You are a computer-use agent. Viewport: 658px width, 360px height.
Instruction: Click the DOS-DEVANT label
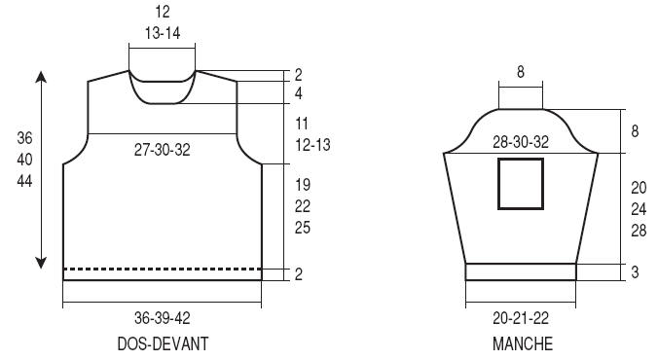pos(163,343)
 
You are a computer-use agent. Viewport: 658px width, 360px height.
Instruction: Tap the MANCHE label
pos(523,343)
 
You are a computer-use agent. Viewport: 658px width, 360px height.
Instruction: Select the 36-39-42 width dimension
pos(163,317)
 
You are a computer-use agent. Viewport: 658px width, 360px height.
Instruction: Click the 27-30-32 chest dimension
pos(163,150)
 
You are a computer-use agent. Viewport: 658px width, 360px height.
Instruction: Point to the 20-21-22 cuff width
pos(521,318)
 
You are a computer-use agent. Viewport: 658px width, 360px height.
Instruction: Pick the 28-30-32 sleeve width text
pos(521,142)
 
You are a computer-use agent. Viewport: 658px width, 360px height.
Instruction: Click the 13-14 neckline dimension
pos(163,33)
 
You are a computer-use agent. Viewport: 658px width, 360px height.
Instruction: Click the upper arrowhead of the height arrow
pos(41,77)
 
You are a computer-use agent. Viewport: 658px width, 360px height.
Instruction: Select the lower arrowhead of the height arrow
pos(41,263)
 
